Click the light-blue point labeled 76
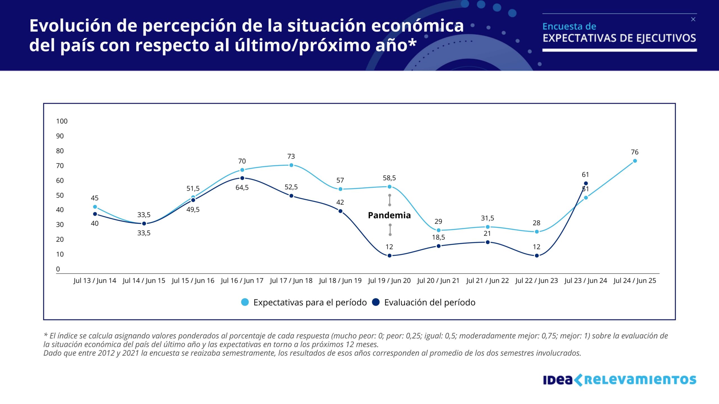click(x=635, y=161)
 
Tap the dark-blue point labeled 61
click(x=586, y=183)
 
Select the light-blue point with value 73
click(x=291, y=165)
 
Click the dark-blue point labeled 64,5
click(x=242, y=178)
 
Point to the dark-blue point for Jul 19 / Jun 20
click(x=390, y=256)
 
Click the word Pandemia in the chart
click(x=389, y=215)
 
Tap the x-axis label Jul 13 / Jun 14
click(x=95, y=281)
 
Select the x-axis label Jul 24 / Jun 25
click(x=635, y=281)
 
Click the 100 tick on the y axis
click(x=62, y=121)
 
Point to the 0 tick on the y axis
click(x=58, y=269)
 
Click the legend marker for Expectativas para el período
click(x=245, y=302)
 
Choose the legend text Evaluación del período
click(x=430, y=302)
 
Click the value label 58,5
click(x=389, y=178)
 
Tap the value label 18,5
click(x=438, y=237)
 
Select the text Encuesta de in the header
click(x=569, y=26)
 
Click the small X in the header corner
click(x=693, y=19)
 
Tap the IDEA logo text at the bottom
click(x=558, y=380)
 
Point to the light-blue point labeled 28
click(x=537, y=232)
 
